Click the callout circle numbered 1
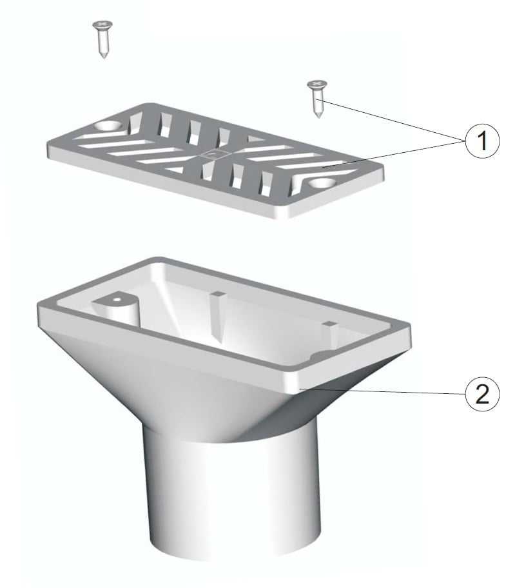(482, 141)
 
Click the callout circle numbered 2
(482, 394)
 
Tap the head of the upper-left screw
(102, 24)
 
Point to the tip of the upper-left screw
(104, 57)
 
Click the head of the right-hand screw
(317, 84)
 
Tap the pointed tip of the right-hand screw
(318, 117)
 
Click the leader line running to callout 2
(382, 391)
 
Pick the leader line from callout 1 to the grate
(394, 153)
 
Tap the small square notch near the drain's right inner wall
(328, 323)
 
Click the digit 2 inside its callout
(482, 395)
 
